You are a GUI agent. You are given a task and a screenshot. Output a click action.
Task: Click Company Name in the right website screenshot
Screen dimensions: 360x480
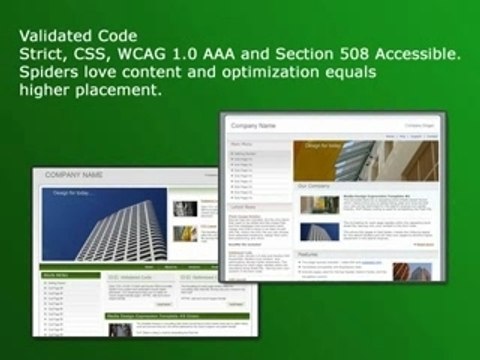[x=253, y=126]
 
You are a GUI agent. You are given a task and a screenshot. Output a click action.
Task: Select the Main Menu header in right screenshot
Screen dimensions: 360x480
[x=245, y=144]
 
